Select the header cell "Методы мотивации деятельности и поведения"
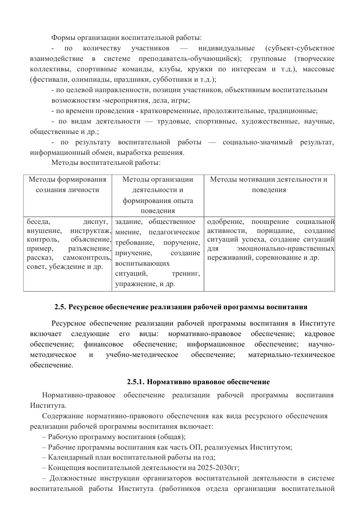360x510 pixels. [269, 184]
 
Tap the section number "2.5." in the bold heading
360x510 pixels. [60, 307]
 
